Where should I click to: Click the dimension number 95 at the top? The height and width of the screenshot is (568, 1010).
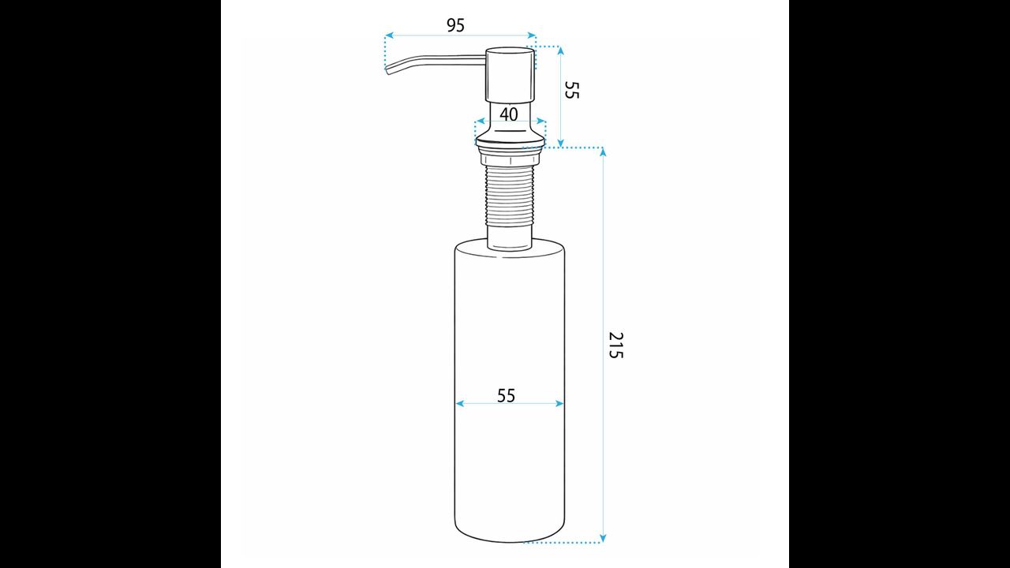pos(455,25)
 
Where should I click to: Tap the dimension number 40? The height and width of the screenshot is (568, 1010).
pos(509,114)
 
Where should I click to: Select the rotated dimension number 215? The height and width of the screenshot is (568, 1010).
pos(615,346)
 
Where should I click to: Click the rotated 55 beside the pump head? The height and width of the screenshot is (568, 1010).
pos(571,90)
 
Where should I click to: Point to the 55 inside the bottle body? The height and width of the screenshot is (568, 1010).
pos(506,396)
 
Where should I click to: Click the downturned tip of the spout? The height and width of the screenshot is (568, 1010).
pos(387,71)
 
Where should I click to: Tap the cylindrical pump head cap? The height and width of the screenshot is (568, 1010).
pos(510,74)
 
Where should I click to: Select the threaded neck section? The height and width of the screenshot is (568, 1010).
pos(510,195)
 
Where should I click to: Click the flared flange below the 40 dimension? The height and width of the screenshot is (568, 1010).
pos(510,137)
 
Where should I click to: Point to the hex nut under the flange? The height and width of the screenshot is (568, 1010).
pos(510,159)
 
